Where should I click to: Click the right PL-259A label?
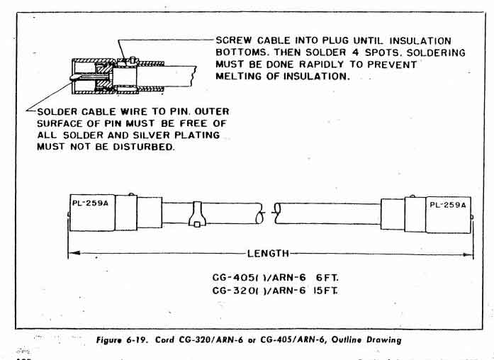(448, 206)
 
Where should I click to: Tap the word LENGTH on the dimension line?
(267, 252)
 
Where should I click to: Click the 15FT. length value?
(325, 291)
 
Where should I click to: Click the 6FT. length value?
(322, 278)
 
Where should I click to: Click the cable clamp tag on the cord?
(194, 214)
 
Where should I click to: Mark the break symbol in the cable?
(270, 210)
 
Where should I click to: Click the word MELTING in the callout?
(238, 77)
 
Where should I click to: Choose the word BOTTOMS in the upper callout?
(242, 53)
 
